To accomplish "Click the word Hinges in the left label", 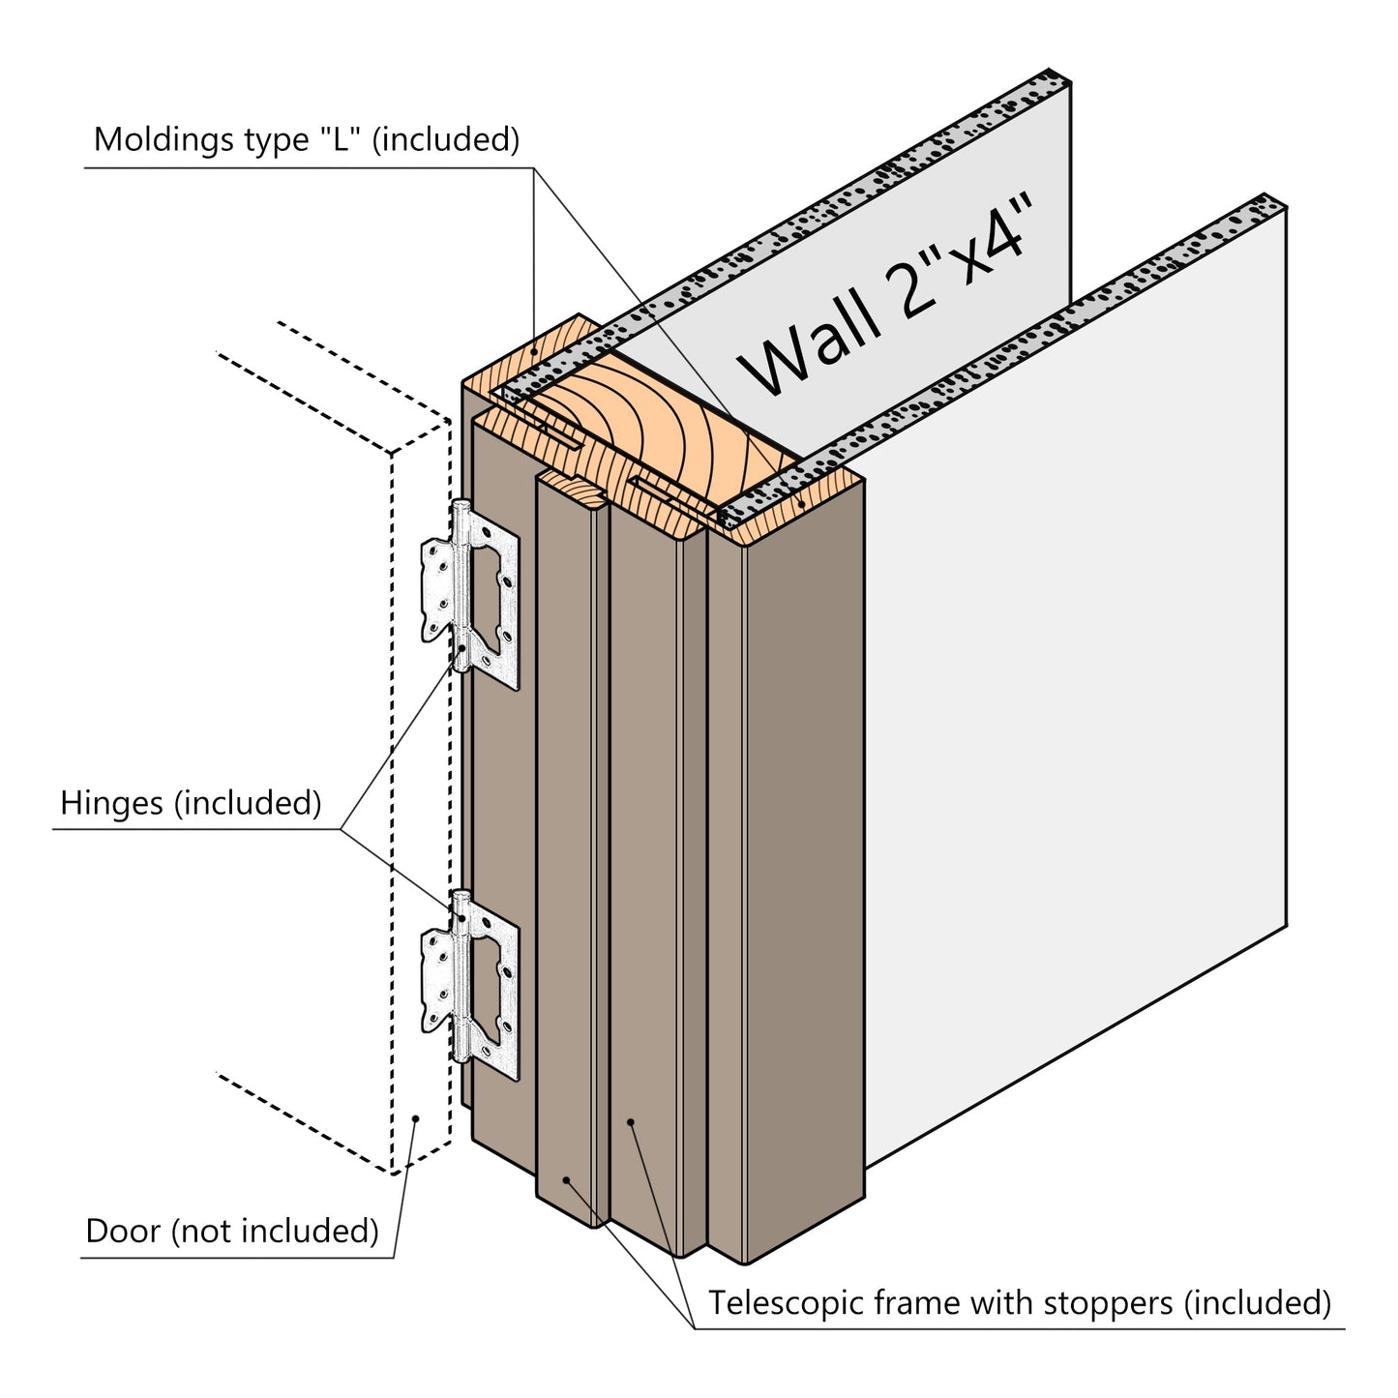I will (110, 803).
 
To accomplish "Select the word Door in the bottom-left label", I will (123, 1232).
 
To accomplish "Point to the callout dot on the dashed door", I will (416, 1118).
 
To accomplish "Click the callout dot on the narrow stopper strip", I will (566, 1180).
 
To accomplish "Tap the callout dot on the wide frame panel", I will (630, 1122).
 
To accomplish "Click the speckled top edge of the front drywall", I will (1016, 348).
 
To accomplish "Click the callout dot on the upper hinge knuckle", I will (462, 648).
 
